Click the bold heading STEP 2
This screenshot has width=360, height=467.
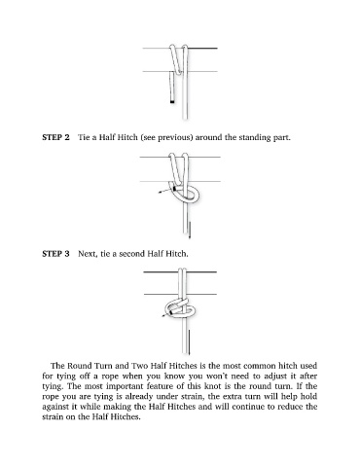point(55,137)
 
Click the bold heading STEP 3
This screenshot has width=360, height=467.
point(55,253)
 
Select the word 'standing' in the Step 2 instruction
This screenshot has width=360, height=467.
point(251,137)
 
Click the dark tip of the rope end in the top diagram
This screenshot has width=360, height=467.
point(172,102)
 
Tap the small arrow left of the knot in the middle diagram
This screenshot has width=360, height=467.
point(163,192)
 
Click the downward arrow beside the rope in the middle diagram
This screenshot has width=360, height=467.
point(190,231)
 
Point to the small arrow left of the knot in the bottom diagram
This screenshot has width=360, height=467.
point(165,314)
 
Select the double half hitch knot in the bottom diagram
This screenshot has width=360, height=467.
point(180,308)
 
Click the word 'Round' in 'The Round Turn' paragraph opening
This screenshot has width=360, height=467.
point(79,366)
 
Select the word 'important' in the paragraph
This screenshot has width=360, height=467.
point(125,386)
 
